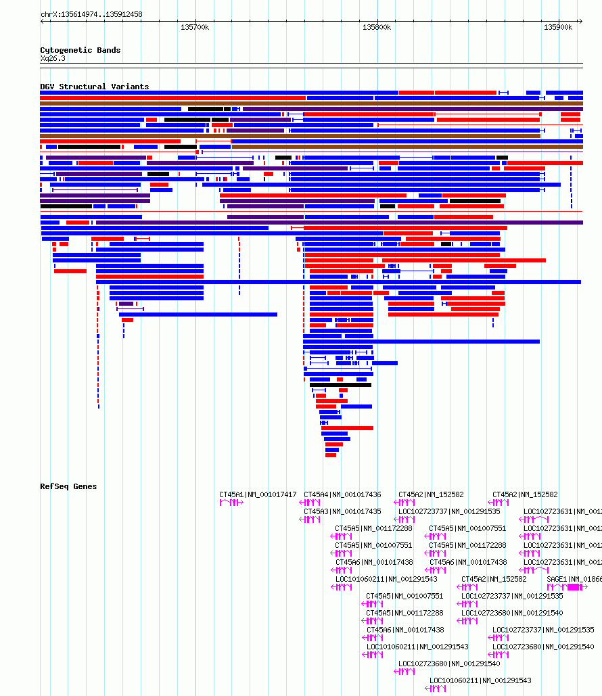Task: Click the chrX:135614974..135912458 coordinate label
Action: click(91, 14)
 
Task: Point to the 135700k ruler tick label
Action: click(195, 27)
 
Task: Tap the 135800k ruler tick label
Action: click(377, 27)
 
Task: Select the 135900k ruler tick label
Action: click(558, 27)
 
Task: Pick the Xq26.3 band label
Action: click(53, 59)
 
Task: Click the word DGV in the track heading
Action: click(47, 87)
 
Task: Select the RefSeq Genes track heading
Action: click(68, 486)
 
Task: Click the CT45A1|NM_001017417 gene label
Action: click(258, 494)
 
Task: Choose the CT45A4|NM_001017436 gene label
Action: click(342, 494)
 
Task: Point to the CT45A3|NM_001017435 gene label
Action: click(342, 511)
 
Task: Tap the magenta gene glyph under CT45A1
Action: click(231, 503)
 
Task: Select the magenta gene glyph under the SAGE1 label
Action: click(565, 587)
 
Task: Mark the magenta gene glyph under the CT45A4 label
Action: click(311, 503)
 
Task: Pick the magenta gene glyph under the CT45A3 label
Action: click(311, 519)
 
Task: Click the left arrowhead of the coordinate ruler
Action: click(43, 21)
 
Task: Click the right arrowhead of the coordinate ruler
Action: click(580, 21)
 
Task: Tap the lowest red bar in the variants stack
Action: click(331, 455)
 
